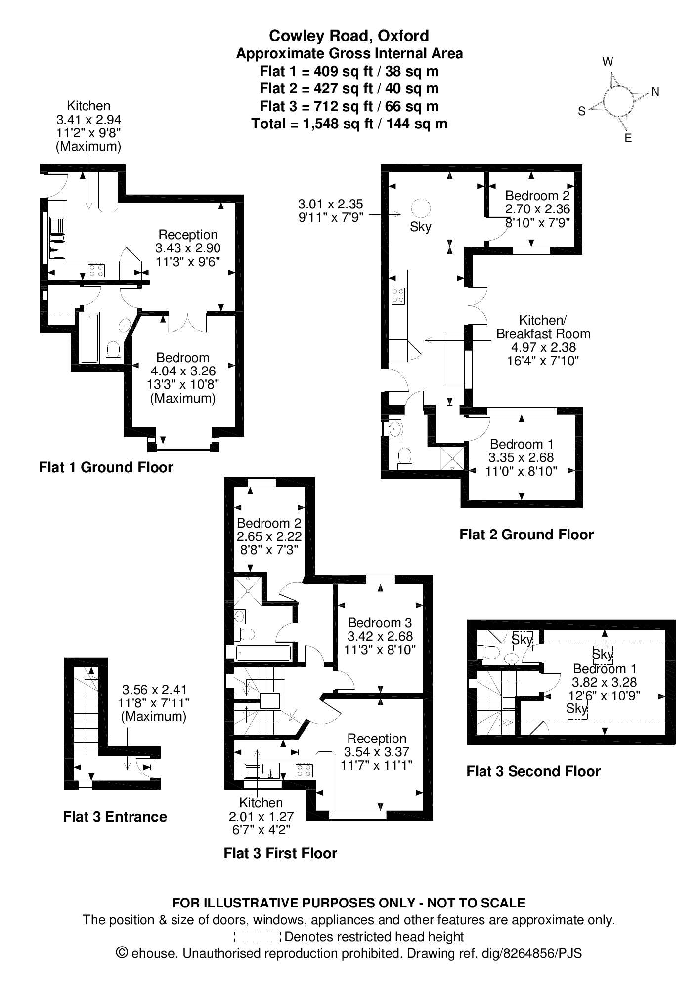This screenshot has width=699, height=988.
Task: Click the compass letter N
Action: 655,92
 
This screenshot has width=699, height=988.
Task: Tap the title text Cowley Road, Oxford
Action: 349,36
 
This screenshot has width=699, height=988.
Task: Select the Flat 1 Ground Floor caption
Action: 106,467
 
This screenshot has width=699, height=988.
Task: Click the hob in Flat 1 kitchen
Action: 96,270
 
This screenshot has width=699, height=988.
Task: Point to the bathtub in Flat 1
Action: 89,337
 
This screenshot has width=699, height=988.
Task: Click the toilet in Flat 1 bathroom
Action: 114,352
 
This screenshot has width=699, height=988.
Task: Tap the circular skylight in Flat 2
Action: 421,207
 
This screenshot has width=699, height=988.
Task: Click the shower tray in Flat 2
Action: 453,457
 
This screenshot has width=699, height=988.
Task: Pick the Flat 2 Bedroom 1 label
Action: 522,457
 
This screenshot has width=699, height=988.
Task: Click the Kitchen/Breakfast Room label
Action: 543,340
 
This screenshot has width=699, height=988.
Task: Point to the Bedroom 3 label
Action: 380,636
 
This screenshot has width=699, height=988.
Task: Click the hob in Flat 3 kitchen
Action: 304,770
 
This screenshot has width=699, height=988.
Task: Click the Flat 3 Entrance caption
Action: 115,817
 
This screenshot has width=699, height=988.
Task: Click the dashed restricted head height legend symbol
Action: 257,937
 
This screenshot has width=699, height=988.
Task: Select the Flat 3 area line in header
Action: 349,106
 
